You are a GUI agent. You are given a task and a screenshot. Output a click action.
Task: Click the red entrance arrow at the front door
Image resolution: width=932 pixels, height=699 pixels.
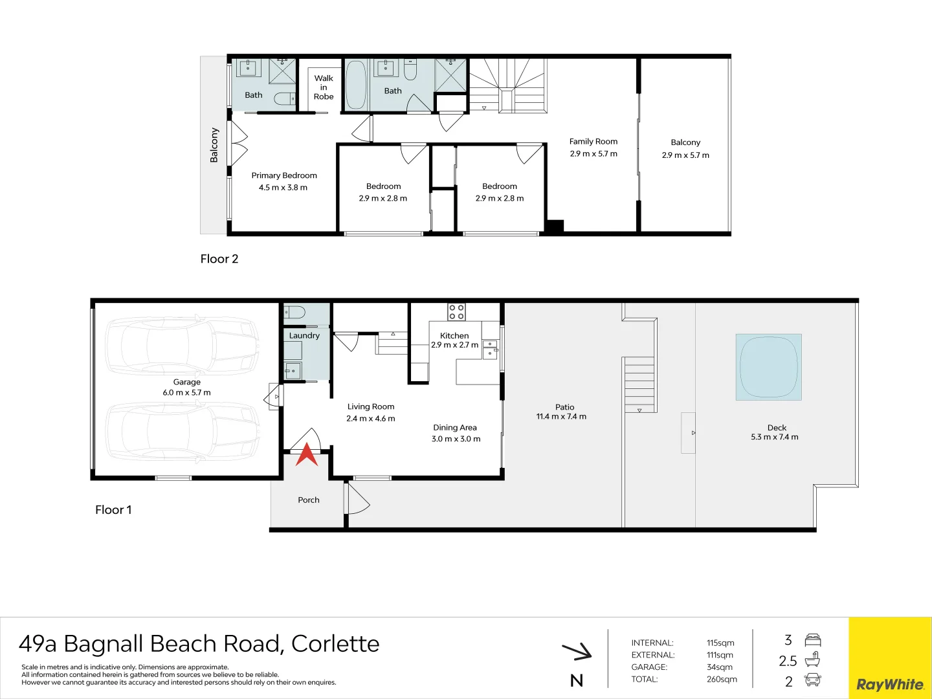tap(307, 454)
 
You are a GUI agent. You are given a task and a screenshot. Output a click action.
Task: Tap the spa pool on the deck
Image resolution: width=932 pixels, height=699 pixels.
tap(768, 367)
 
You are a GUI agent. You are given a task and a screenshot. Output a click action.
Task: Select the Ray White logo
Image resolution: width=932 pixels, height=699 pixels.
tap(890, 684)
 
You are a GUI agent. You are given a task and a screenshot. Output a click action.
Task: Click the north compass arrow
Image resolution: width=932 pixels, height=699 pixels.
tap(577, 651)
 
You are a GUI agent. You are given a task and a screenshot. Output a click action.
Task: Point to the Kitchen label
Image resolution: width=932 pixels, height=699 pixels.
tap(454, 335)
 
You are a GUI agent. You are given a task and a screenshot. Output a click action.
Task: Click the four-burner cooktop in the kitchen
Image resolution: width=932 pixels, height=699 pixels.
tap(456, 312)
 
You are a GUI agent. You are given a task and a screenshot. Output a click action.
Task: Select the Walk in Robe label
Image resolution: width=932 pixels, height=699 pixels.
tap(324, 87)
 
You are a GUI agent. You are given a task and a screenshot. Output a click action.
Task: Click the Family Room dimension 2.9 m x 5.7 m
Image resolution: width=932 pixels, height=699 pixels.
tap(594, 154)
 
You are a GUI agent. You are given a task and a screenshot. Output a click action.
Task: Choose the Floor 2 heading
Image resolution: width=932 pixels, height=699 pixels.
tap(219, 259)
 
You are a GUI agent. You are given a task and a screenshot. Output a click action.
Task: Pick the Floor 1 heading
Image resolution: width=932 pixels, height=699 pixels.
tap(113, 510)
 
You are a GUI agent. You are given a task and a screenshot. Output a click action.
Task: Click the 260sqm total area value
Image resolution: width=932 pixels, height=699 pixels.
tap(722, 679)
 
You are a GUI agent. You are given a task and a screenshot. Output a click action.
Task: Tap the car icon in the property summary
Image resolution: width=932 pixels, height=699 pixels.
tap(812, 680)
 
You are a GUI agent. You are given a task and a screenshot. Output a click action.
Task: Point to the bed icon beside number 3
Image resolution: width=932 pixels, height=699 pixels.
tap(812, 640)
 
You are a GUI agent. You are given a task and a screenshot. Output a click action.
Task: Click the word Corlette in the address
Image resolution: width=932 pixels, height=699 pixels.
tap(335, 644)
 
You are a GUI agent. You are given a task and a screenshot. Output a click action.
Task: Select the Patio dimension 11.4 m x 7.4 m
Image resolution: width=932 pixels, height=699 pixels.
tap(561, 417)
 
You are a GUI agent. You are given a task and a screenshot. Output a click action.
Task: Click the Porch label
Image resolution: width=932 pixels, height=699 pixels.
tap(309, 500)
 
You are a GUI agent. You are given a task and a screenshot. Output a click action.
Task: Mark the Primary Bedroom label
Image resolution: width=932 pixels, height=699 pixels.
tap(284, 175)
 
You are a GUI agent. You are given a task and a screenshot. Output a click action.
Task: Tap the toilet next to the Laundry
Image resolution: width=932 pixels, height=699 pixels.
tap(295, 313)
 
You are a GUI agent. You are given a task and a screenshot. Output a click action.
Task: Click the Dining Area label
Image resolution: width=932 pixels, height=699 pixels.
tap(455, 427)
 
